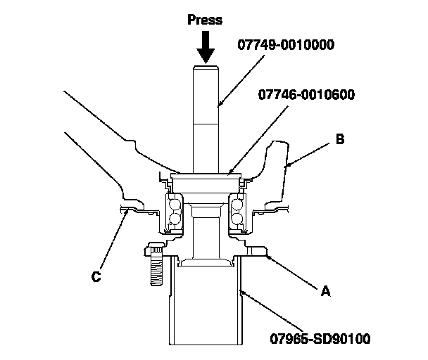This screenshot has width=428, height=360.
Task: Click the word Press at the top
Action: (x=205, y=20)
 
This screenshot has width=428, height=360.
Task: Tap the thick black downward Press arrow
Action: (x=206, y=46)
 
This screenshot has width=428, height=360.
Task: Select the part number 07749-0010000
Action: (x=284, y=45)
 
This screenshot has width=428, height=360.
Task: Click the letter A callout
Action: (x=325, y=289)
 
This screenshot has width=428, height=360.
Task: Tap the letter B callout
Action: (x=340, y=140)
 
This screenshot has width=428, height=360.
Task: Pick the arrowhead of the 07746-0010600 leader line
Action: (x=229, y=172)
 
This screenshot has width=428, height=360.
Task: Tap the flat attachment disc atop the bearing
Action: (x=205, y=175)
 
